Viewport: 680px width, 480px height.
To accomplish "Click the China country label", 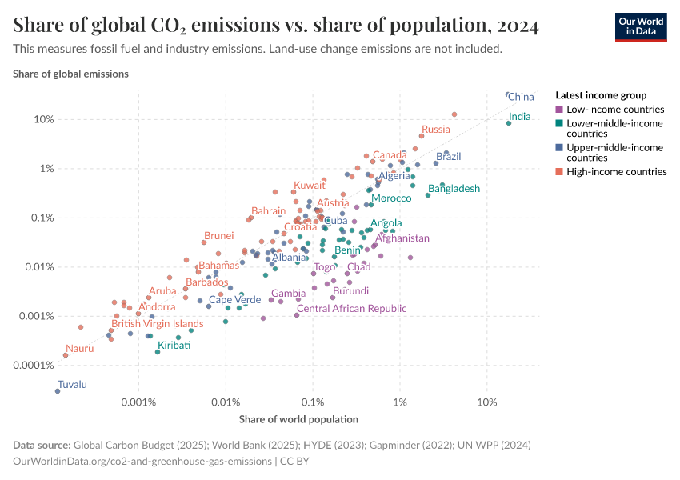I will point(521,97).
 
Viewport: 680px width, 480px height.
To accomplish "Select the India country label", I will point(519,117).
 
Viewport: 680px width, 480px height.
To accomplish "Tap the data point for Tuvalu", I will point(58,391).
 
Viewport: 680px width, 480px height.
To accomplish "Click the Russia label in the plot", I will point(436,130).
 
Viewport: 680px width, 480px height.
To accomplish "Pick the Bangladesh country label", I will point(454,189).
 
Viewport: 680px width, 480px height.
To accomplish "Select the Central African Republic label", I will point(351,309).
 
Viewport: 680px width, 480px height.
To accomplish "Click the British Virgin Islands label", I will point(157,324).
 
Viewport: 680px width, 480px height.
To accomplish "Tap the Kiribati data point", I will point(158,352).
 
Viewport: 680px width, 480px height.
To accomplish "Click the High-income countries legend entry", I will point(616,172).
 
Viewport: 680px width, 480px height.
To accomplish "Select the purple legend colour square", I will point(559,110).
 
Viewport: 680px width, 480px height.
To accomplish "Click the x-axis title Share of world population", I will point(298,419).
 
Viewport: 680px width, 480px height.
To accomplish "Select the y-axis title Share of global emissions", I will point(70,74).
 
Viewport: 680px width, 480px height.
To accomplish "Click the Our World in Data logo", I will point(640,26).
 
